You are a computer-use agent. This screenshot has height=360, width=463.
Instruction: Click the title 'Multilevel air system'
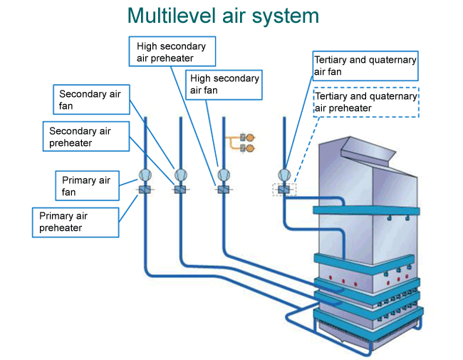(223, 16)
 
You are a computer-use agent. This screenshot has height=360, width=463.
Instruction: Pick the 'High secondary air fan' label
(224, 84)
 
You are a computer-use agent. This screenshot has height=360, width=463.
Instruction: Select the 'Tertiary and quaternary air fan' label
(365, 66)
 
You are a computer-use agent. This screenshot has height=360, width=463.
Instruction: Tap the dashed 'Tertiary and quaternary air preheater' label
(365, 102)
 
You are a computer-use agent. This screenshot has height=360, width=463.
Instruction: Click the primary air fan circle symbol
(144, 175)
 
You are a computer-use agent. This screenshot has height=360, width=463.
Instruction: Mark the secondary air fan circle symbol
(180, 175)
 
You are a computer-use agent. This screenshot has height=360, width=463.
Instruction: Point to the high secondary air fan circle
(224, 175)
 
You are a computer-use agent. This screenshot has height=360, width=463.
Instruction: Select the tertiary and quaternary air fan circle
(284, 175)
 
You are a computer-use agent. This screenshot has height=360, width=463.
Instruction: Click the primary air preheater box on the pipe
(144, 190)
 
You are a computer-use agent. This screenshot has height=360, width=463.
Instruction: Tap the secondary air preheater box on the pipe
(180, 190)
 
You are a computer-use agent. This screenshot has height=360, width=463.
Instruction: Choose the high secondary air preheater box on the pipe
(224, 190)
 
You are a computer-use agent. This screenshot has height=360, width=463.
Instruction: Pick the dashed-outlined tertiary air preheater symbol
(284, 190)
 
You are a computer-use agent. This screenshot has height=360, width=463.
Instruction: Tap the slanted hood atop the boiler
(368, 148)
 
